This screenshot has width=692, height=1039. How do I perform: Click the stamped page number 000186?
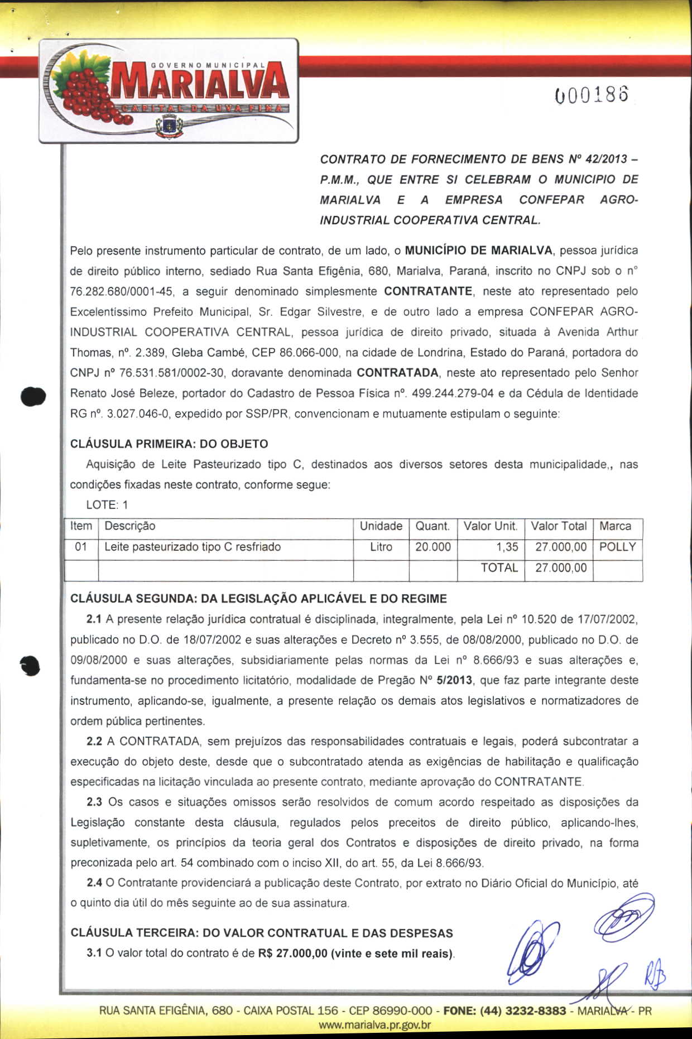592,95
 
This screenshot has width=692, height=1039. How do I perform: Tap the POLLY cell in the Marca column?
617,547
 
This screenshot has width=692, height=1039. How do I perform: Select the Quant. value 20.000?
433,547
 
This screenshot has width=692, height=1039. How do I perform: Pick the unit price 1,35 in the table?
507,547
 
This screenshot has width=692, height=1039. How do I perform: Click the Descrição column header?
130,526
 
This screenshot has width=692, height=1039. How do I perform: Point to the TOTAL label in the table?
499,568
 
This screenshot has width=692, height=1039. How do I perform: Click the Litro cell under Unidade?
381,547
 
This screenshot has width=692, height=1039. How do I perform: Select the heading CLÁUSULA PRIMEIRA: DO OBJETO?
169,444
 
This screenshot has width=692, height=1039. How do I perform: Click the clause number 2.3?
94,802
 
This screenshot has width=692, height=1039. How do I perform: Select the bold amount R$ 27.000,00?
293,953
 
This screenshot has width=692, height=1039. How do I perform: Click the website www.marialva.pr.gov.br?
374,1025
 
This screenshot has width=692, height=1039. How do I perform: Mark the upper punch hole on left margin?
32,397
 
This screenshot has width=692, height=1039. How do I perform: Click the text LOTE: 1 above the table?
107,505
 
